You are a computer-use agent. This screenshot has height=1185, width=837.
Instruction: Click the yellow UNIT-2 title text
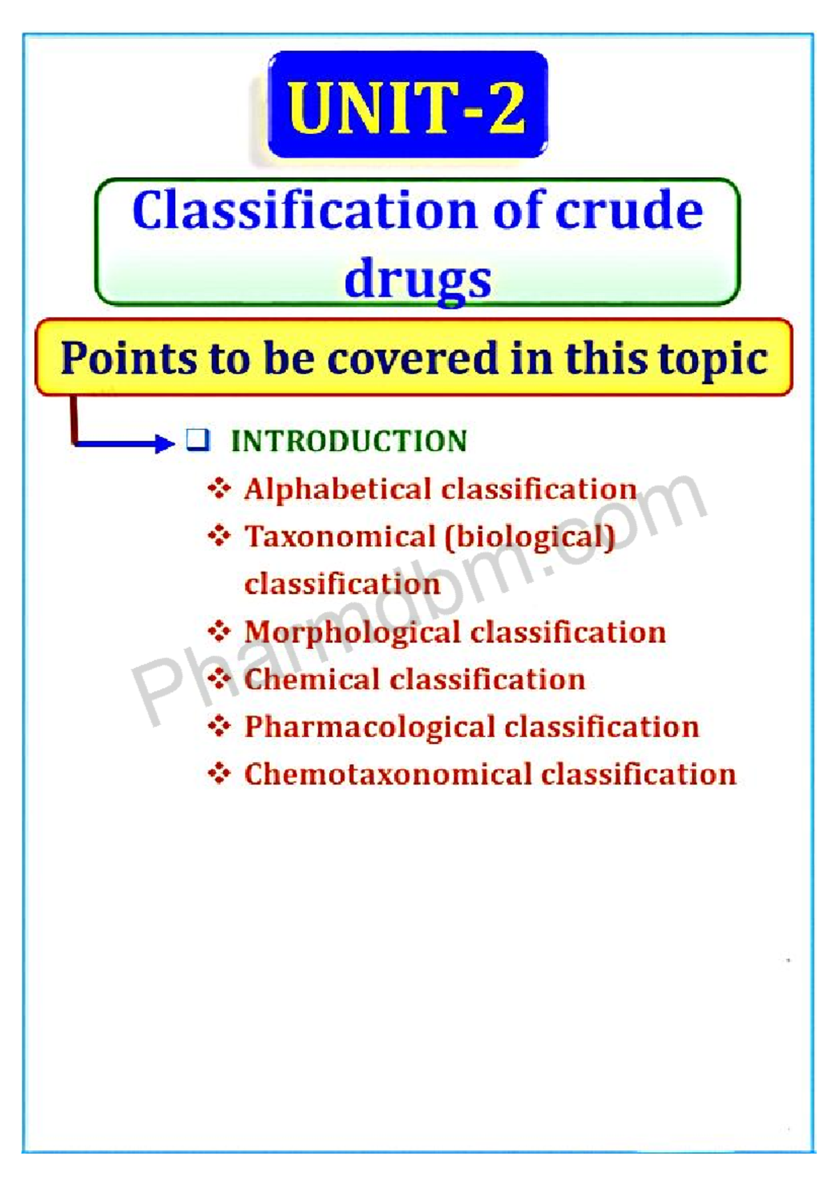pos(407,108)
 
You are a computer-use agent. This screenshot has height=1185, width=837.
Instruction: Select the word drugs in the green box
pos(418,278)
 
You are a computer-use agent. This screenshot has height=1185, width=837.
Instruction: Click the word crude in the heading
pos(629,211)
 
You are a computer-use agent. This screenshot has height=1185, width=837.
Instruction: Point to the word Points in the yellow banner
pos(129,359)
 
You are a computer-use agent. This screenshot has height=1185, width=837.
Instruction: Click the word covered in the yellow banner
pos(412,359)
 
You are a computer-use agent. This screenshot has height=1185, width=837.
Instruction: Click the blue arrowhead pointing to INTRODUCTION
pos(164,442)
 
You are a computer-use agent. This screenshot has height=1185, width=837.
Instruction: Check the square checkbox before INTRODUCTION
pos(198,440)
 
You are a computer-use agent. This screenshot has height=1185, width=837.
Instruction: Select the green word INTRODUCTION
pos(349,440)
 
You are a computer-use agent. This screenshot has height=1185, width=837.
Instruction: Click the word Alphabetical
pos(338,489)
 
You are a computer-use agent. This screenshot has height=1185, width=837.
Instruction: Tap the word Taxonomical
pos(340,536)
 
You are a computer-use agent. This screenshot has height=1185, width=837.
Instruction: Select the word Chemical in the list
pos(312,679)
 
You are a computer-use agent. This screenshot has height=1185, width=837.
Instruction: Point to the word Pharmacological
pos(370,727)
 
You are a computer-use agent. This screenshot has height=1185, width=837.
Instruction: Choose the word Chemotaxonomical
pos(388,774)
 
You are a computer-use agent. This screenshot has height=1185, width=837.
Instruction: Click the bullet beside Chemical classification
pos(219,679)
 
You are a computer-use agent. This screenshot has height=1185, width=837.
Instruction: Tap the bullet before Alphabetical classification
pos(219,489)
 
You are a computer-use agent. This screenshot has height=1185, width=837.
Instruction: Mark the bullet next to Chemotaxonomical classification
pos(219,774)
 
